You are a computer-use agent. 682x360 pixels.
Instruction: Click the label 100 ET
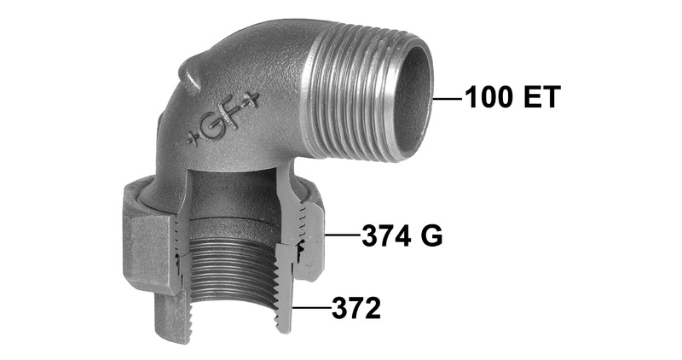[x=512, y=97]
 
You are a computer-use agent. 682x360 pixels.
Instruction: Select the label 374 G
[x=402, y=236]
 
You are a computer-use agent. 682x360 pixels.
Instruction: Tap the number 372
[x=356, y=308]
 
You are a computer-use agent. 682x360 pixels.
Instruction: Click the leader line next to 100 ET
[x=448, y=99]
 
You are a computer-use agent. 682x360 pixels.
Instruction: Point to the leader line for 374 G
[x=343, y=235]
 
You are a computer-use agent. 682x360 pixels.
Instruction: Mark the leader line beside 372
[x=311, y=308]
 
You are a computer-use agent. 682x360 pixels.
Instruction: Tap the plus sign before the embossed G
[x=194, y=138]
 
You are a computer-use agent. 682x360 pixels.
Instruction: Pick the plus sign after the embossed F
[x=252, y=101]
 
